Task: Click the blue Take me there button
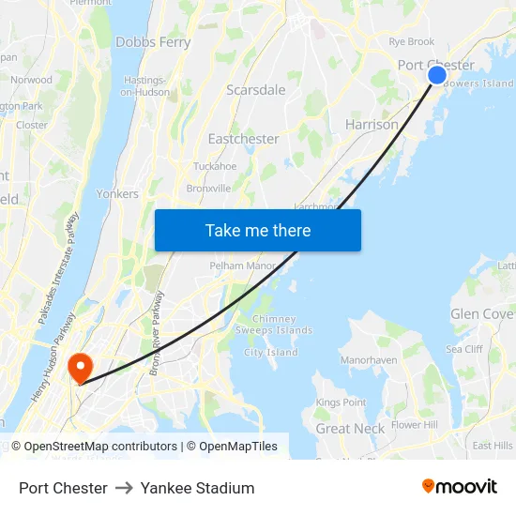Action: (x=257, y=230)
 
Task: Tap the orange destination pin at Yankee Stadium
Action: (x=81, y=366)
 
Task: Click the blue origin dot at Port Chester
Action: (x=437, y=75)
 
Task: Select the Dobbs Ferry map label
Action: (x=153, y=42)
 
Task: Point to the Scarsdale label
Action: (x=255, y=90)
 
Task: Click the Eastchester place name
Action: (x=243, y=139)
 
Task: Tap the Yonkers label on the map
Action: (x=117, y=194)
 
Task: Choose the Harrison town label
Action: (x=372, y=124)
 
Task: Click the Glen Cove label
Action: (x=481, y=314)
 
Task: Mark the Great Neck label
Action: (x=350, y=429)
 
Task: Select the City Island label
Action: (x=270, y=353)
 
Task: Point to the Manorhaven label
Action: (x=369, y=359)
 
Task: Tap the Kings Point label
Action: (x=341, y=402)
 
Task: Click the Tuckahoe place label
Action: (x=215, y=166)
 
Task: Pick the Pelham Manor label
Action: (x=242, y=266)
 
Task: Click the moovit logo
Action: (x=460, y=487)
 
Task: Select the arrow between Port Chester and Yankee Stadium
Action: (x=124, y=488)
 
